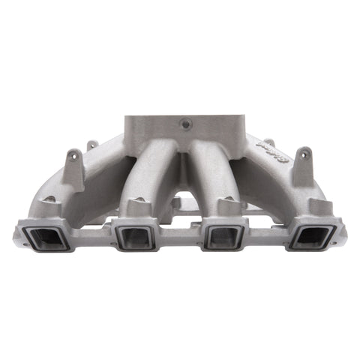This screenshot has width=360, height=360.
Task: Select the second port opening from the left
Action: tap(135, 238)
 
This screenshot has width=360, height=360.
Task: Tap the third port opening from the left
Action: tap(223, 238)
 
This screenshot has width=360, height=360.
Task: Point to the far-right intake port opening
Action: tap(310, 238)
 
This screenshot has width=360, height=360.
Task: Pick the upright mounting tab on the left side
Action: tap(73, 160)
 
